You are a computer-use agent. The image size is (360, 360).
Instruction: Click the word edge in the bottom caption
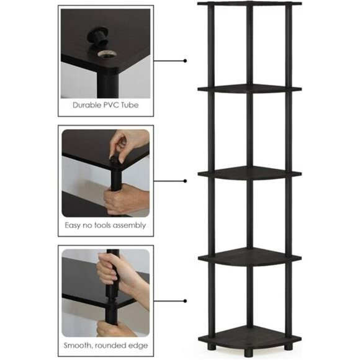coord(135,344)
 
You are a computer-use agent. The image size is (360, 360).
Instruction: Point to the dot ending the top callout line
coord(185,61)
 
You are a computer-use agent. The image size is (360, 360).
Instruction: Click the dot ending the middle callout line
coord(185,181)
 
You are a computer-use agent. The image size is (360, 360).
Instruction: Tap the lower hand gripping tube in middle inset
coord(125,198)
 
